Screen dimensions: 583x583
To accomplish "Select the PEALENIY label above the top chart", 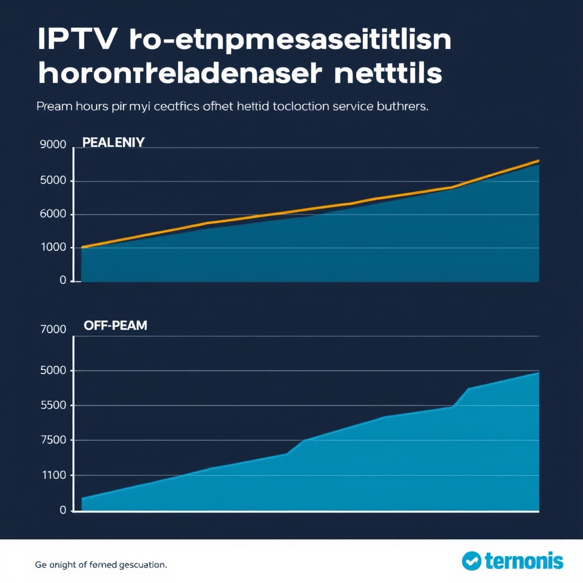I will coord(113,142).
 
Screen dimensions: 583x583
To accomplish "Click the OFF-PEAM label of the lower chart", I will coord(115,326).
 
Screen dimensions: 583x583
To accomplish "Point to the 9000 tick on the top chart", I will coord(53,145).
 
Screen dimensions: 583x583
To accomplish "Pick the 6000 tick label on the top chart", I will coord(53,215).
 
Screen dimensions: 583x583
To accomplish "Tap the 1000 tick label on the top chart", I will coord(53,248).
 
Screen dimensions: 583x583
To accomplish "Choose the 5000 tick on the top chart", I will coord(53,181).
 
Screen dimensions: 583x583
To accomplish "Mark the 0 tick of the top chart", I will coord(63,281).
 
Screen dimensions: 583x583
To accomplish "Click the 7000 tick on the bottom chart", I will coord(53,329).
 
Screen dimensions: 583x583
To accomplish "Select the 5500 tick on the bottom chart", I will coord(53,405).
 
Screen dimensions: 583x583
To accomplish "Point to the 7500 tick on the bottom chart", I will coord(53,440).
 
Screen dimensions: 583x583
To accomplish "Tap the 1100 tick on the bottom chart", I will coord(53,475).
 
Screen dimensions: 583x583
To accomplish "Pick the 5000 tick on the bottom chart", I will coord(53,371).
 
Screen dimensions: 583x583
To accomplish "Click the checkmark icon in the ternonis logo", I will coord(471,561).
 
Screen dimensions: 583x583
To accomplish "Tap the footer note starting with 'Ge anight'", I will coord(101,565).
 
